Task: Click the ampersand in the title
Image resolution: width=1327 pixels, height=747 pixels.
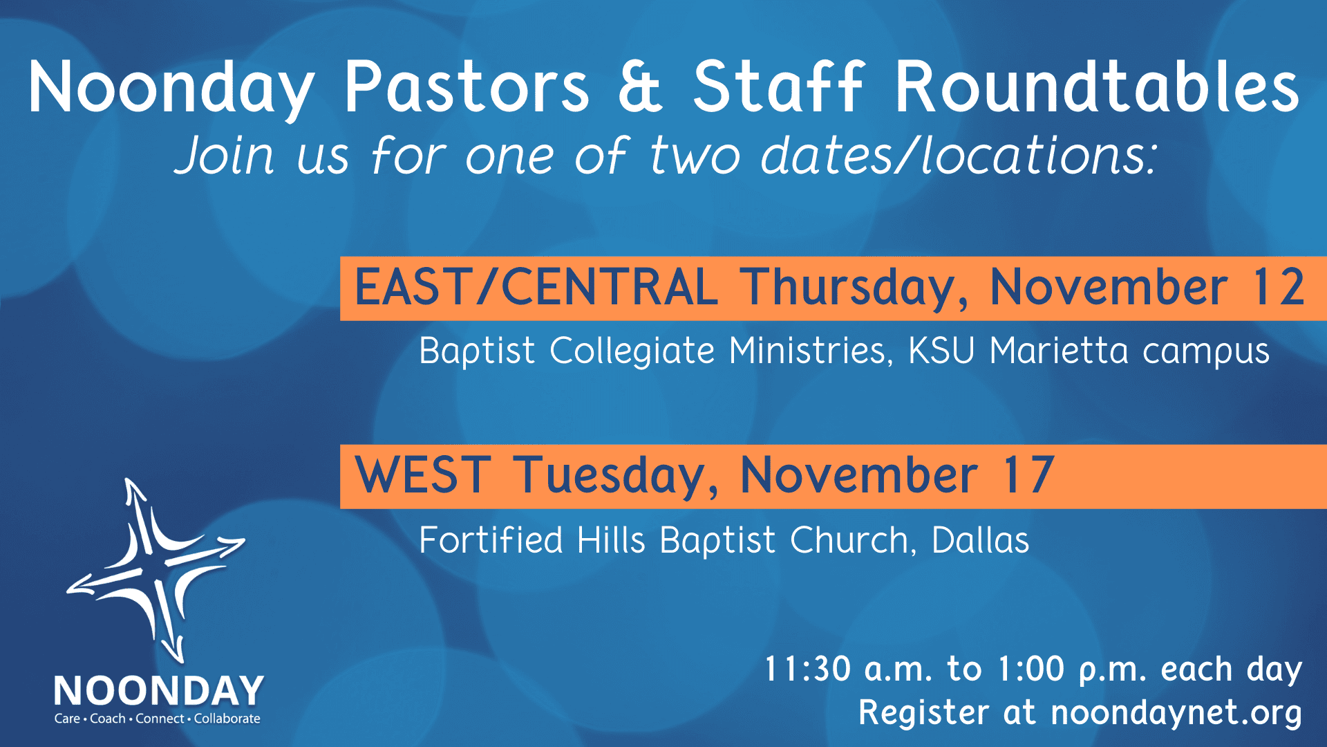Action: tap(640, 86)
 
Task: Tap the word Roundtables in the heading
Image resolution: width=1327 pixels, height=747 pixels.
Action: tap(1098, 86)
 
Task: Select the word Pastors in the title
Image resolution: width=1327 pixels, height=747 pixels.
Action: tap(467, 86)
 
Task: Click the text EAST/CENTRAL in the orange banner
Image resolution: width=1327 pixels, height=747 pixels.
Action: tap(536, 287)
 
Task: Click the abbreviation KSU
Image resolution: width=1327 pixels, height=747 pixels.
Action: tap(941, 351)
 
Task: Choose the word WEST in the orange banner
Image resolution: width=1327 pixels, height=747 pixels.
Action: tap(423, 475)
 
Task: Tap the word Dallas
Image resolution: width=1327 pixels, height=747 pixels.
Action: tap(980, 540)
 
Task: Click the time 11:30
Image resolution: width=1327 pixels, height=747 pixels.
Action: tap(807, 670)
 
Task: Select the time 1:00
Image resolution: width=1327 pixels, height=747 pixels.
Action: tap(1032, 670)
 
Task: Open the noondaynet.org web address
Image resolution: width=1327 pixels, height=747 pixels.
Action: tap(1176, 713)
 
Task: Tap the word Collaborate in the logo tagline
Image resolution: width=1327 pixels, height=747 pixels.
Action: tap(227, 719)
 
